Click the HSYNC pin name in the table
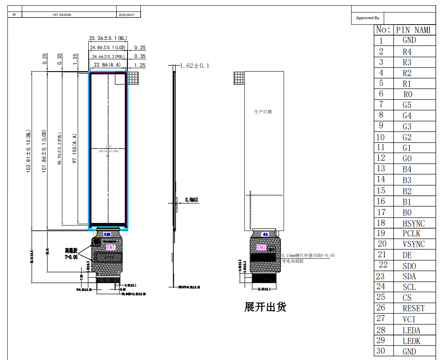[x=413, y=223]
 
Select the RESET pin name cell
[x=413, y=308]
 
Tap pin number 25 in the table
[x=381, y=297]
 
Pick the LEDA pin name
[x=411, y=330]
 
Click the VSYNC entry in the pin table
[x=413, y=244]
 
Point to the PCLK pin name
[x=411, y=234]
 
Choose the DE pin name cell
[x=407, y=255]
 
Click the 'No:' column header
[x=383, y=29]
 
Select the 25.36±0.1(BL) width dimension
[x=108, y=38]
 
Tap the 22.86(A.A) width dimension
[x=107, y=65]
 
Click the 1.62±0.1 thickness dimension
[x=195, y=65]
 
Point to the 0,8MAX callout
[x=191, y=200]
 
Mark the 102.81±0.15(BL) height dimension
[x=29, y=151]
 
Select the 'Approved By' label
[x=367, y=18]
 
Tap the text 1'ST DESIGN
[x=61, y=15]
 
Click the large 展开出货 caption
[x=265, y=307]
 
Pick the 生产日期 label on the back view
[x=263, y=112]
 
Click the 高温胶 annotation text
[x=70, y=250]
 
